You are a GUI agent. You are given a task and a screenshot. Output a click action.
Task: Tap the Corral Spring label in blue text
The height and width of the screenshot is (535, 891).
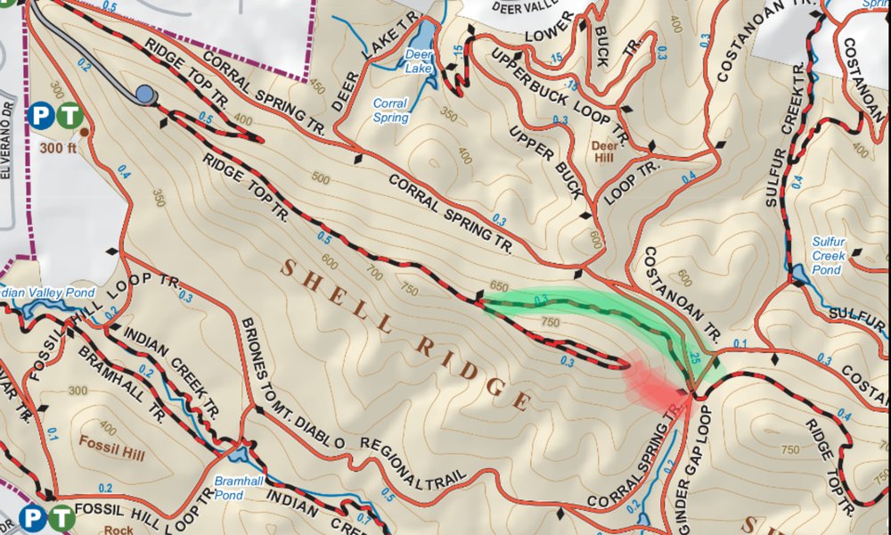point(390,111)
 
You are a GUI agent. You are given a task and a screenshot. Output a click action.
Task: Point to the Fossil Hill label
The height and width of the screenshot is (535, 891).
point(111,440)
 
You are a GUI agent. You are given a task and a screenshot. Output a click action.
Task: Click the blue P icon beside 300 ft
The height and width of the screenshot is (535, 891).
point(38,115)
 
